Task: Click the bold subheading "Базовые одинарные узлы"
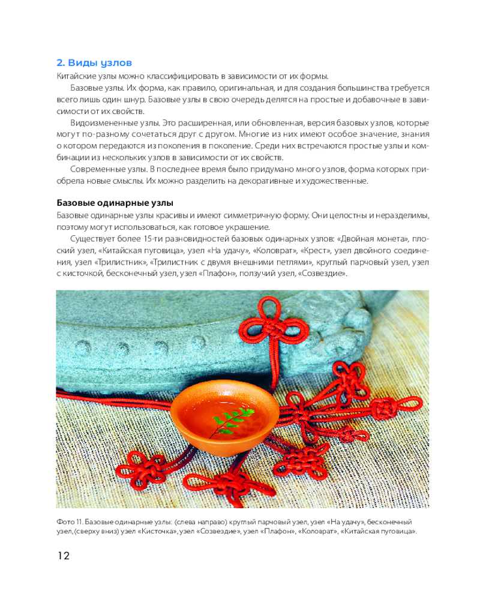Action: click(115, 202)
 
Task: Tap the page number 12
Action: click(63, 556)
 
